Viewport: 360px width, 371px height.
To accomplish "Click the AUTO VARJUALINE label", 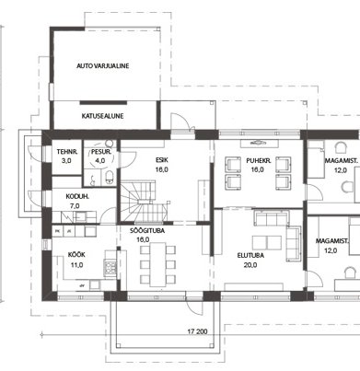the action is pyautogui.click(x=103, y=66).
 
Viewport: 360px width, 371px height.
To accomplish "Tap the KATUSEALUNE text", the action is pyautogui.click(x=102, y=116).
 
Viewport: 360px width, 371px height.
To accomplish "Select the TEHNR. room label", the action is pyautogui.click(x=67, y=152).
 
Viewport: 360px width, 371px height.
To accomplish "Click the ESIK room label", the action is pyautogui.click(x=162, y=160).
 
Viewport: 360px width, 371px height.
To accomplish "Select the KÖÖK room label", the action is pyautogui.click(x=76, y=255).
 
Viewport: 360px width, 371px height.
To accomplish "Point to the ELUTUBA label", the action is pyautogui.click(x=250, y=256).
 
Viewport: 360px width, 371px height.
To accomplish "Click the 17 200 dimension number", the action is pyautogui.click(x=197, y=331).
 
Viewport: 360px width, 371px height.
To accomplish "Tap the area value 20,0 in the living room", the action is pyautogui.click(x=250, y=265).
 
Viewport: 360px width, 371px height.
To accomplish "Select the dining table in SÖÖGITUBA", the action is pyautogui.click(x=157, y=264).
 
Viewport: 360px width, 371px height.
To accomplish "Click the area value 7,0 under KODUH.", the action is pyautogui.click(x=75, y=206).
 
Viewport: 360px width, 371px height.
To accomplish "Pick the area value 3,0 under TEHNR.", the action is pyautogui.click(x=66, y=160).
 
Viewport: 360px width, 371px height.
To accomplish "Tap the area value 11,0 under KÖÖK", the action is pyautogui.click(x=76, y=265).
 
